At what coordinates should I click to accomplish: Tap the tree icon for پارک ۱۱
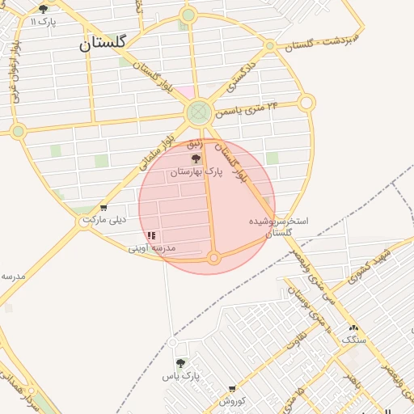pos(44,9)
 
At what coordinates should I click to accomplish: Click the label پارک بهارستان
pos(195,172)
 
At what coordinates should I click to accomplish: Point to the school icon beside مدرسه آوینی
pos(152,235)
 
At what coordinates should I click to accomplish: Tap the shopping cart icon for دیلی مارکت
pos(103,208)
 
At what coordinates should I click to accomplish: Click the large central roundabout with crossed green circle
pos(198,113)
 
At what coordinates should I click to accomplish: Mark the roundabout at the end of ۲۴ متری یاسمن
pos(306,103)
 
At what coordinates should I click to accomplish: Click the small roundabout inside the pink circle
pos(214,258)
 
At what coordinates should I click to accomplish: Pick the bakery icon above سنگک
pos(353,327)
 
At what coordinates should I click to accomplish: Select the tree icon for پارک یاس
pos(180,364)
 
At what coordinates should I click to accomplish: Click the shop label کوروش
pos(233,401)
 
